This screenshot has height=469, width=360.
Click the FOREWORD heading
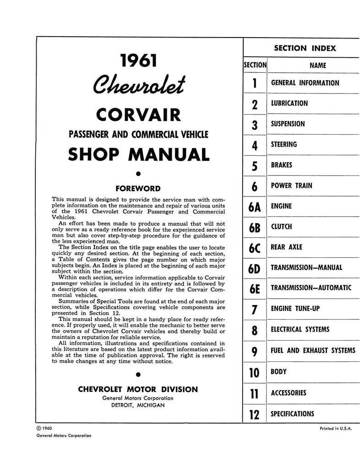click(x=138, y=188)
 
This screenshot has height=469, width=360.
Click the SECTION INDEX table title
click(x=305, y=48)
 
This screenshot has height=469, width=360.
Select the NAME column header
click(x=318, y=65)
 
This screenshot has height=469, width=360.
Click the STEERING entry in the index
click(x=284, y=145)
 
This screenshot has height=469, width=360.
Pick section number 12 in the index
click(x=255, y=415)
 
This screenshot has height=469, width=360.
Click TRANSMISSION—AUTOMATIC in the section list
click(x=311, y=288)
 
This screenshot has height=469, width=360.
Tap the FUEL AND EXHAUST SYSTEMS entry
click(x=313, y=351)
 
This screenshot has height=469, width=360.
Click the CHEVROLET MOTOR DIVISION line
click(x=138, y=390)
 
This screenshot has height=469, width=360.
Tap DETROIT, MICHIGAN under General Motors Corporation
click(x=138, y=405)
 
